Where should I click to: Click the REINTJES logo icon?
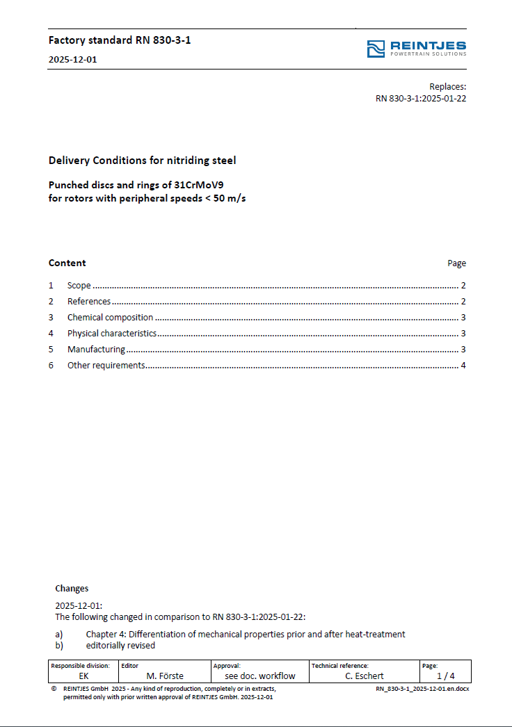pyautogui.click(x=376, y=49)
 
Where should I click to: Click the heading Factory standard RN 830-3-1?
pyautogui.click(x=120, y=40)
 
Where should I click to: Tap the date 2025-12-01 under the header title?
pyautogui.click(x=72, y=60)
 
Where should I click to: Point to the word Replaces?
pyautogui.click(x=447, y=87)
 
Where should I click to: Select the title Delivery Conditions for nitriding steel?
pyautogui.click(x=142, y=161)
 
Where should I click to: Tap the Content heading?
pyautogui.click(x=67, y=263)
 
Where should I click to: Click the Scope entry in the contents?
pyautogui.click(x=79, y=286)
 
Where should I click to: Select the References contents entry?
pyautogui.click(x=89, y=302)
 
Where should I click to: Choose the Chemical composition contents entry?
pyautogui.click(x=110, y=318)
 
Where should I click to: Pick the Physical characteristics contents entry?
pyautogui.click(x=111, y=334)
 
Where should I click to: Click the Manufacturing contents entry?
pyautogui.click(x=96, y=350)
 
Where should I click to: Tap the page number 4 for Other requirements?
pyautogui.click(x=463, y=366)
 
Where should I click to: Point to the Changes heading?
pyautogui.click(x=72, y=589)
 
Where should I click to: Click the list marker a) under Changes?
pyautogui.click(x=59, y=634)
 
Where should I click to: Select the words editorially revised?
pyautogui.click(x=120, y=645)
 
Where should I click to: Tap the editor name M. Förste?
pyautogui.click(x=165, y=676)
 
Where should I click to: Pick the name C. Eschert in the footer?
pyautogui.click(x=365, y=676)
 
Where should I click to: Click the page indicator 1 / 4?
pyautogui.click(x=445, y=676)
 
